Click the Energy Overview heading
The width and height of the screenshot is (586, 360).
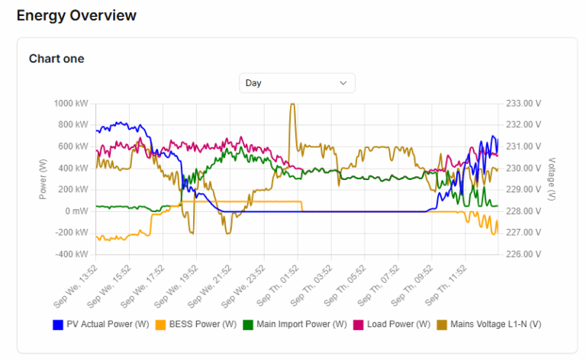coord(76,15)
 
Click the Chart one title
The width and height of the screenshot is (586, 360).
coord(56,59)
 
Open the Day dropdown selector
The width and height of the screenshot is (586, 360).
coord(297,82)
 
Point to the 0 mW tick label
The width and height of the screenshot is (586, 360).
coord(75,211)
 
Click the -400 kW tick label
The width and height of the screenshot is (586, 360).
coord(72,254)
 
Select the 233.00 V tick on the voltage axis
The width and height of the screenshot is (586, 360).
coord(523,104)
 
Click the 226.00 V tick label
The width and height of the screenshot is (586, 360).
coord(523,254)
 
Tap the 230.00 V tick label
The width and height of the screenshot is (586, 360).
coord(523,168)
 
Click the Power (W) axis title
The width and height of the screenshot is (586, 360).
coord(43,178)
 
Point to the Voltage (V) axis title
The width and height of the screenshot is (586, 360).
coord(551,178)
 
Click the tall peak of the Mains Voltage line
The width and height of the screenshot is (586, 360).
coord(292,105)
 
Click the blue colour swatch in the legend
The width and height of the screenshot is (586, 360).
coord(58,325)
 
